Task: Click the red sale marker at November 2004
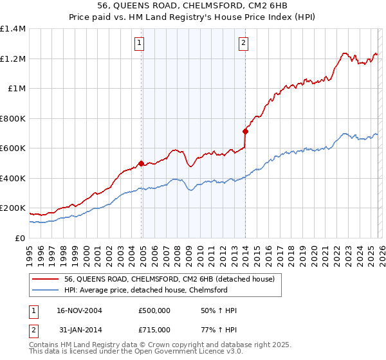tap(141, 163)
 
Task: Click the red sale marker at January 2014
tap(245, 131)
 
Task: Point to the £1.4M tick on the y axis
tap(13, 29)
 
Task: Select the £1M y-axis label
tap(17, 89)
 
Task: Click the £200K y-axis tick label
tap(13, 208)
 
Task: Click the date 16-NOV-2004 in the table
tap(80, 310)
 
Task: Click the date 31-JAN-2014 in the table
tap(79, 329)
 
